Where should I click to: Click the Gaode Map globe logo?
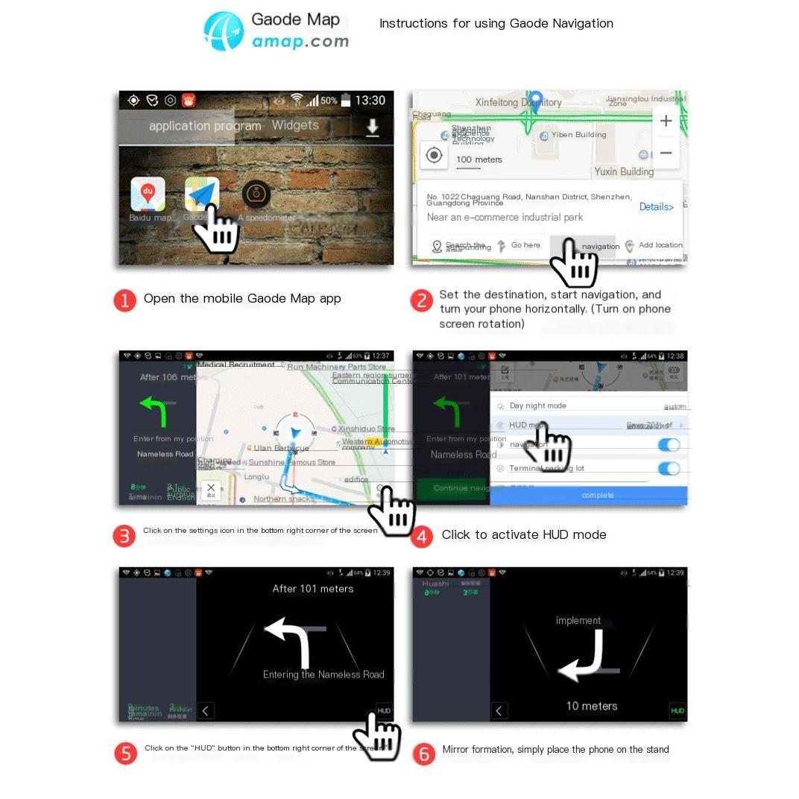point(224,31)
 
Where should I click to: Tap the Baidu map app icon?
point(148,195)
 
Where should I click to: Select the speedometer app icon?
point(256,195)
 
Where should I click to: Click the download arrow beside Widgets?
point(372,128)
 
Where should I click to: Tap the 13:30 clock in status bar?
point(370,101)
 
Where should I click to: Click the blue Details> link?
point(656,207)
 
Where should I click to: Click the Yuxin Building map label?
point(624,171)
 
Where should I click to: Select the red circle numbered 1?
point(124,300)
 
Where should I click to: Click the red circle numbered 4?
point(422,536)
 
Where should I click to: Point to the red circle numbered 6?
point(423,753)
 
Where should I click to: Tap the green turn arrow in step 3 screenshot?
point(154,411)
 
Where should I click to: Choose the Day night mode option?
point(537,406)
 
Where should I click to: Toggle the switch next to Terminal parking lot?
point(669,469)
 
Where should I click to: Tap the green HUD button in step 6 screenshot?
point(677,710)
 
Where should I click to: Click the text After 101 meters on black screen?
point(312,589)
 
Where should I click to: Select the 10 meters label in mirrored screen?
point(591,706)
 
